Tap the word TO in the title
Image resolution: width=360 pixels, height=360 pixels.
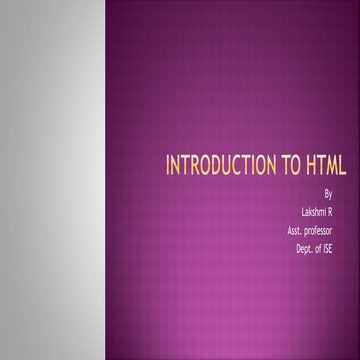tap(291, 165)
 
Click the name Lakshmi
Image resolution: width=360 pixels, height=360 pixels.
tap(314, 213)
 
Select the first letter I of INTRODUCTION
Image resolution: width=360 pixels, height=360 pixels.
tap(167, 165)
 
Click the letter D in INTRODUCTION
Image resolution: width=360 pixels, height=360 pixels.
tap(208, 165)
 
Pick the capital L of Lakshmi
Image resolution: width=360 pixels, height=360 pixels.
tap(302, 213)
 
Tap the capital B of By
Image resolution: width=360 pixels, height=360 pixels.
tap(327, 194)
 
